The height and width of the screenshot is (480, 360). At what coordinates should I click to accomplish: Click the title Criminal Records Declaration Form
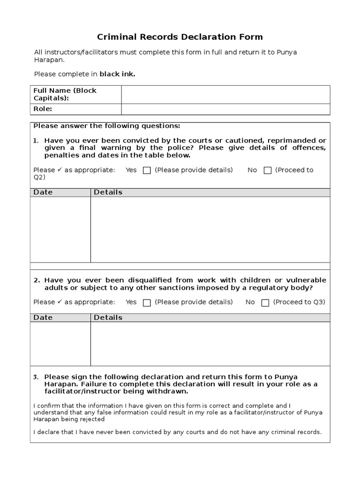coord(180,37)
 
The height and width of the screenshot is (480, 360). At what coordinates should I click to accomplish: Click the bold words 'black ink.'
coord(117,74)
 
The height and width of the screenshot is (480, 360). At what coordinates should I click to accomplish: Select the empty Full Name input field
coord(225,94)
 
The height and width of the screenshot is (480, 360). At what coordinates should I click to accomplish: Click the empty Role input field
coord(225,109)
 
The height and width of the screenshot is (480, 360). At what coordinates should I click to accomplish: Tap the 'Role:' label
coord(43,109)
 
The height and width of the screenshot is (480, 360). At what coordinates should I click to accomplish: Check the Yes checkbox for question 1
coord(147,171)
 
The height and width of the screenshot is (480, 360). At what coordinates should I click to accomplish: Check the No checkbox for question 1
coord(268,171)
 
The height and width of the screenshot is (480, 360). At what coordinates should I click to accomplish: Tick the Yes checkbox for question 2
coord(147,303)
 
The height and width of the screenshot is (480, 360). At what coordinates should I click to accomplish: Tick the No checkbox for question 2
coord(265,303)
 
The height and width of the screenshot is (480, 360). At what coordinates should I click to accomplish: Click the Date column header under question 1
coord(43,192)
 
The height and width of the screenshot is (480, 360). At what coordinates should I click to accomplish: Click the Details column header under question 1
coord(108,192)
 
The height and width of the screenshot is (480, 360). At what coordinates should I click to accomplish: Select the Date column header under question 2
coord(43,317)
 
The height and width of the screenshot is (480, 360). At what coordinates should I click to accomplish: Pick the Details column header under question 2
coord(108,317)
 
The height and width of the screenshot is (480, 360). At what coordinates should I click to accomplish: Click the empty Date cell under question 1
coord(60,229)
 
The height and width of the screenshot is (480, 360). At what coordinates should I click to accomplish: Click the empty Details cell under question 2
coord(210,344)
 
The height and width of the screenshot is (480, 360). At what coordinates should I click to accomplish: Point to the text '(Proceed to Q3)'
coord(299,302)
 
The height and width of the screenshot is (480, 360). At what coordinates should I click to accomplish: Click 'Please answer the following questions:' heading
coord(107,126)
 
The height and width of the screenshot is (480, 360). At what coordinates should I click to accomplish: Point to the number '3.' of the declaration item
coord(36,377)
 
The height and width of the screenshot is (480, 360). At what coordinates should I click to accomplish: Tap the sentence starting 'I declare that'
coord(178,432)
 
